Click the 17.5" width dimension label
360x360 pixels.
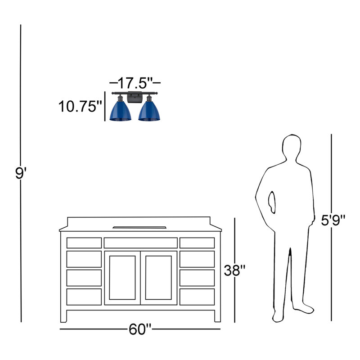pyautogui.click(x=135, y=83)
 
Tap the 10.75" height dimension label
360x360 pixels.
pyautogui.click(x=80, y=107)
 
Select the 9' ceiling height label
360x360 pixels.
pyautogui.click(x=21, y=173)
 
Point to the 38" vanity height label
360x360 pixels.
pyautogui.click(x=235, y=270)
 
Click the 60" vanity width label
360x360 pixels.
pyautogui.click(x=140, y=329)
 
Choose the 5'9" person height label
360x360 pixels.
pyautogui.click(x=333, y=220)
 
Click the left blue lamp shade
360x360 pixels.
pyautogui.click(x=120, y=111)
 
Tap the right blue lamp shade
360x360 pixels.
pyautogui.click(x=149, y=111)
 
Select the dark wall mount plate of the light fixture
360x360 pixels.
pyautogui.click(x=135, y=97)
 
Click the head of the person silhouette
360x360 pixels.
pyautogui.click(x=292, y=147)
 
